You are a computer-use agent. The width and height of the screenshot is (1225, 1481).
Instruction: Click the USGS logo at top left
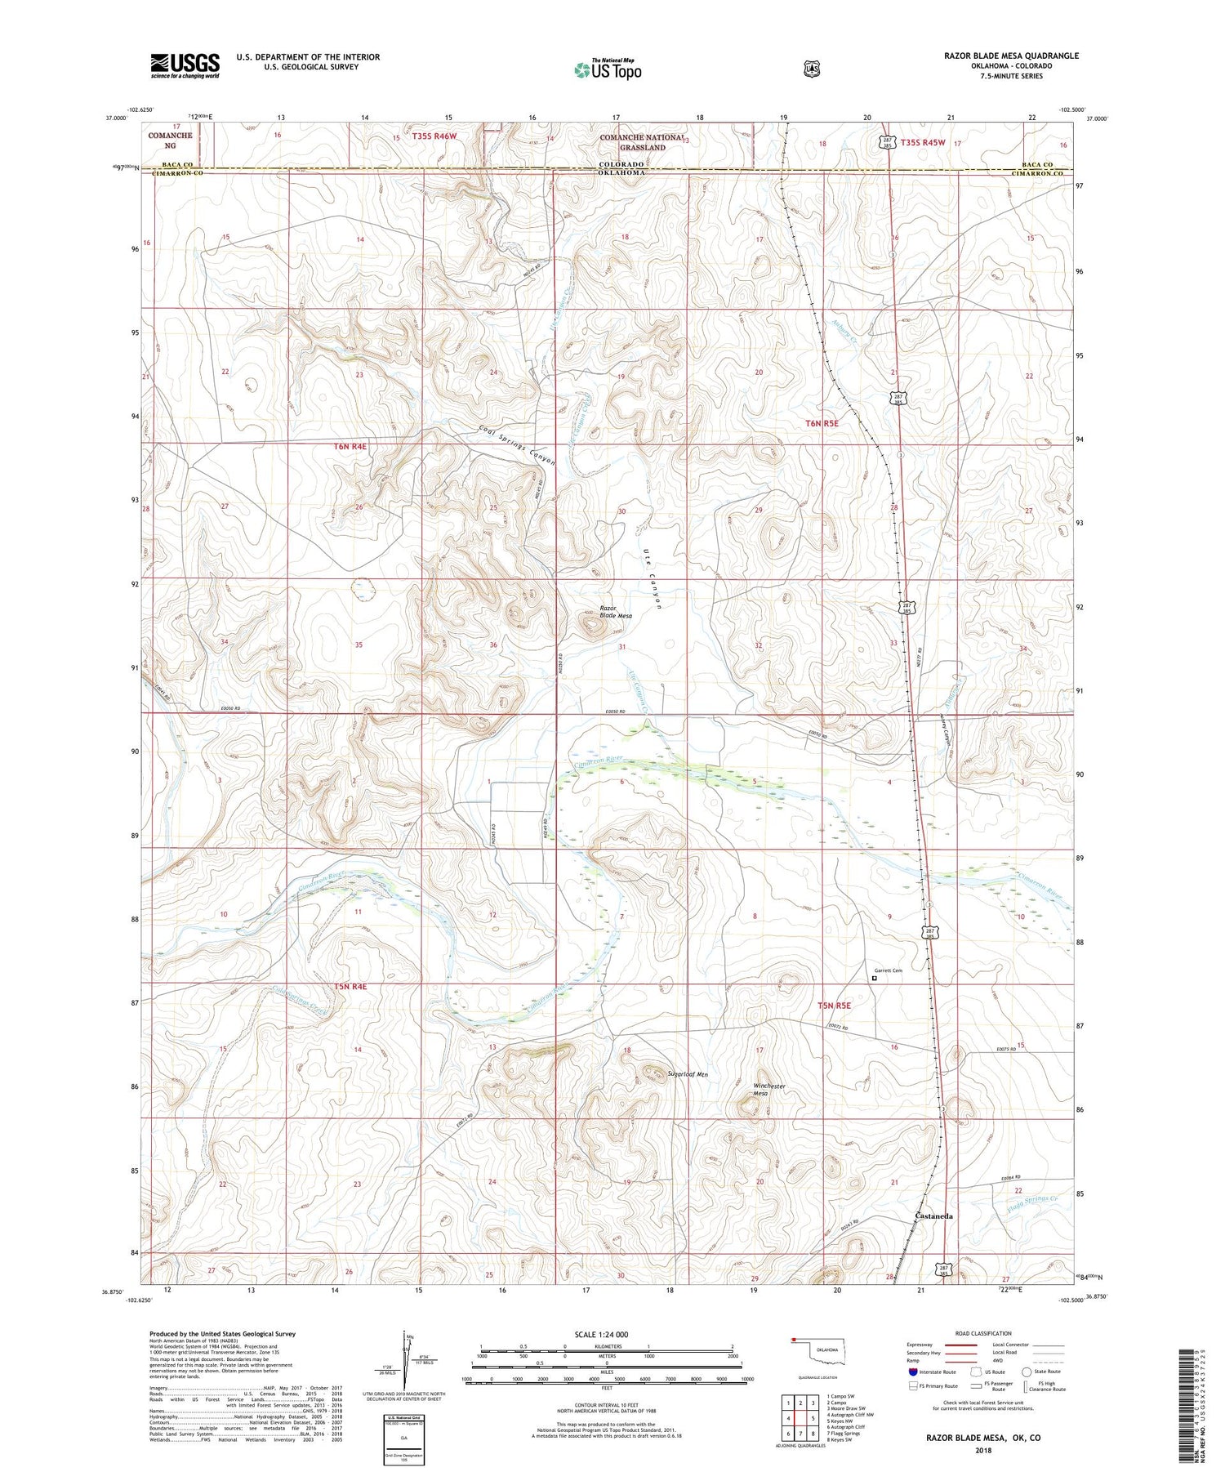coord(185,65)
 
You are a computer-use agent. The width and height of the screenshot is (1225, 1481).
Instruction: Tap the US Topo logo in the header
coord(608,69)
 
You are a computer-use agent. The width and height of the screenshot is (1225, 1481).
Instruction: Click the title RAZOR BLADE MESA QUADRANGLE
coord(1011,56)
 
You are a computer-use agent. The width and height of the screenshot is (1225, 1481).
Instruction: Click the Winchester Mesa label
coord(768,1090)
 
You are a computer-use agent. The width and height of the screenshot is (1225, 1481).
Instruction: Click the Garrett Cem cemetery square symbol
coord(875,978)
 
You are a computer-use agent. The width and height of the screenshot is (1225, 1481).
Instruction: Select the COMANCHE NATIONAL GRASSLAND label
coord(644,142)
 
